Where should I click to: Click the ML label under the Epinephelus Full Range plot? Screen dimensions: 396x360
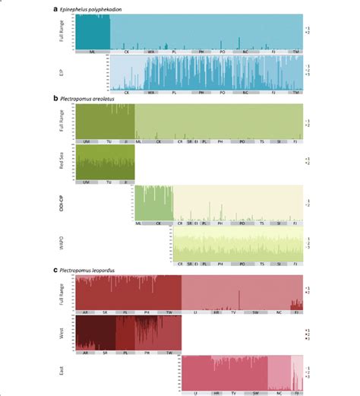pyautogui.click(x=92, y=52)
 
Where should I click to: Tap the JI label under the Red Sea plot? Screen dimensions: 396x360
pyautogui.click(x=128, y=182)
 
